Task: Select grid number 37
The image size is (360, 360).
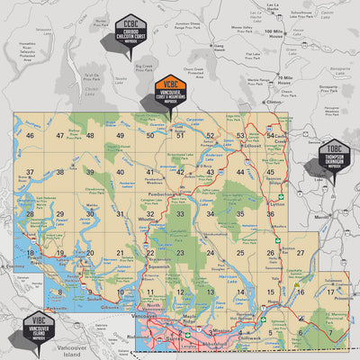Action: click(30, 172)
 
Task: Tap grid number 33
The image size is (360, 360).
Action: click(180, 214)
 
